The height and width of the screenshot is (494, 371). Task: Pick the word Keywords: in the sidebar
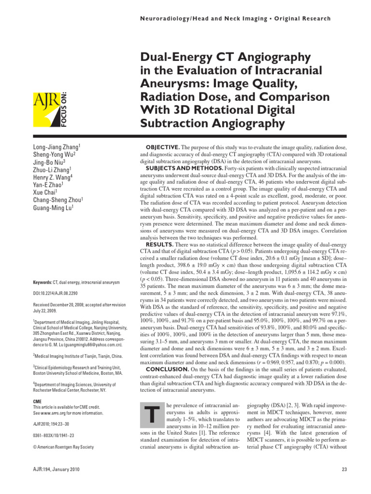pos(43,281)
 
